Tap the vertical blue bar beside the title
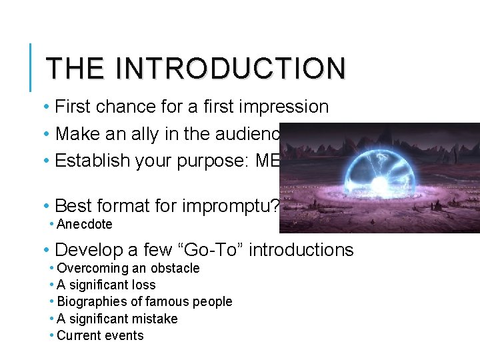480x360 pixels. pos(31,67)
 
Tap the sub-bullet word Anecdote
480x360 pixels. pos(85,225)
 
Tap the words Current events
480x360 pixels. pos(100,335)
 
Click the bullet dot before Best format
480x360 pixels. pos(45,205)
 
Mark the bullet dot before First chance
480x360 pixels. pos(45,107)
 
